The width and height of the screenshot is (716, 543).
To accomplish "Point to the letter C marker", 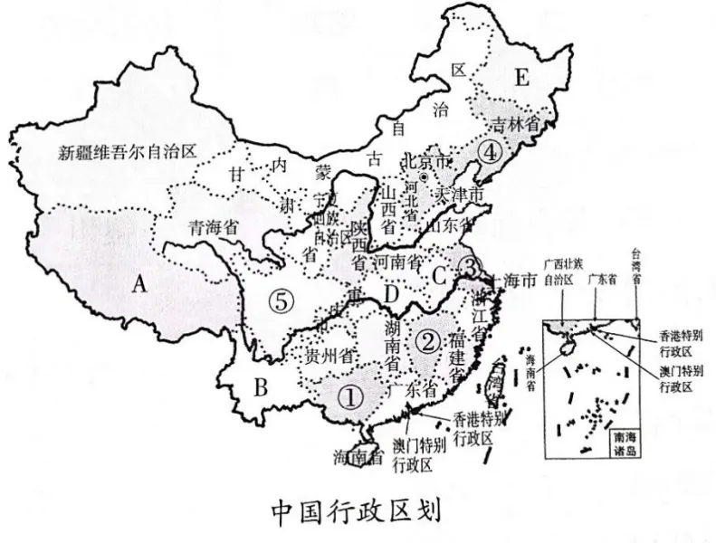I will click(440, 273).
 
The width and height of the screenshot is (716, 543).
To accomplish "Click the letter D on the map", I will click(392, 294).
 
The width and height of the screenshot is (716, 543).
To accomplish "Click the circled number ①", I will click(349, 395).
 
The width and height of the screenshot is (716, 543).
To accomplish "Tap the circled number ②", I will click(427, 340).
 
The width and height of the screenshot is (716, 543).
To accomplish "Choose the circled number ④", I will click(490, 152).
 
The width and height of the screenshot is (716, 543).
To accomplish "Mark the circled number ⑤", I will click(283, 302).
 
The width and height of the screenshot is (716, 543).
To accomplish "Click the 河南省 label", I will click(401, 262).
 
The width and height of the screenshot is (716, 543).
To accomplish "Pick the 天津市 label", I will click(461, 195).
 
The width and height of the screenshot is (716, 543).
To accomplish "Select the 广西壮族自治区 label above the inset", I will click(558, 271).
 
